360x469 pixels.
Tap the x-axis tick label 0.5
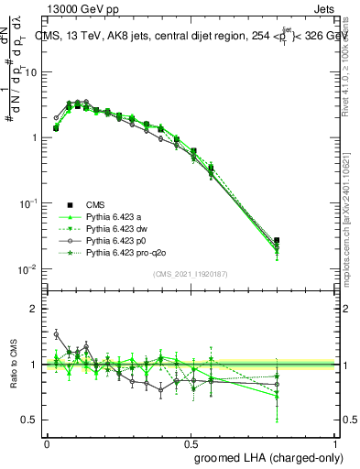(x=191, y=441)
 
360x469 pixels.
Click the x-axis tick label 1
(x=337, y=441)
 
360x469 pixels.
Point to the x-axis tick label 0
(x=47, y=441)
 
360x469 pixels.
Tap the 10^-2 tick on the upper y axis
(x=27, y=269)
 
